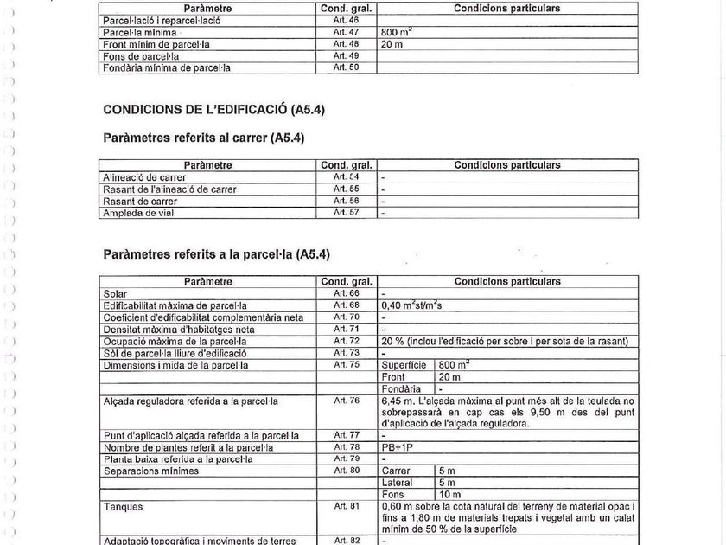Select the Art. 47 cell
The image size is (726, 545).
coord(346,32)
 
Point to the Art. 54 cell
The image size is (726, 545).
coord(346,177)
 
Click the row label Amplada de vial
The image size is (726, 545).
coord(138,213)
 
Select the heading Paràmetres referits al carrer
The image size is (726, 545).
coord(203,138)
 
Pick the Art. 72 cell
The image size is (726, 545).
coord(346,342)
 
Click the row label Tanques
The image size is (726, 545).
coord(123,507)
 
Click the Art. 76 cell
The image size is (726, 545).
coord(346,401)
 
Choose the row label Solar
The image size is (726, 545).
coord(115,294)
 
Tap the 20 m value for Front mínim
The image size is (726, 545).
coord(392,44)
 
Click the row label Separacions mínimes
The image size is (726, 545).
coord(151,471)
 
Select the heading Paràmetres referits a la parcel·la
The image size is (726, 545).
coord(216,255)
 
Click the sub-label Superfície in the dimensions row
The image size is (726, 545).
coord(404,366)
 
